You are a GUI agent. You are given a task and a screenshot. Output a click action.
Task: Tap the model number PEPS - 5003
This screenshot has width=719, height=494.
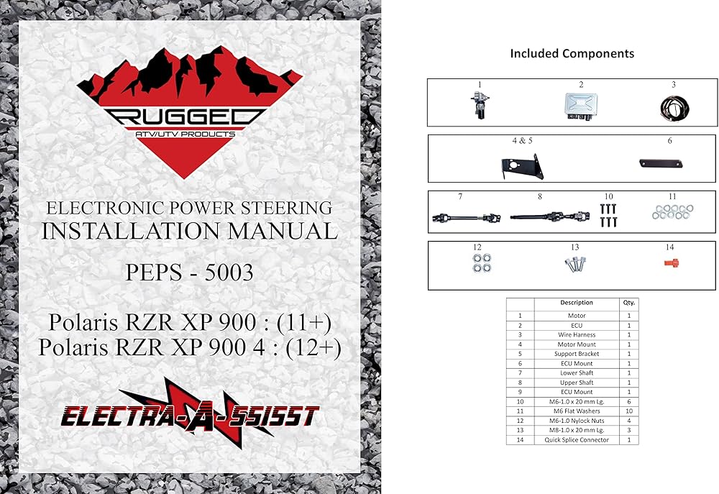189,274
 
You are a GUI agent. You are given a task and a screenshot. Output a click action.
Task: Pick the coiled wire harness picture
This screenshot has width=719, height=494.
673,106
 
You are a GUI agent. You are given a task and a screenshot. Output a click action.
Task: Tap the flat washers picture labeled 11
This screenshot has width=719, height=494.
672,212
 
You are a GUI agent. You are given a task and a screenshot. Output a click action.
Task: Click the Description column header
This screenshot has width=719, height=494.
577,303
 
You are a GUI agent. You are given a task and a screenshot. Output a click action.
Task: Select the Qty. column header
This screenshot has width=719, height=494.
629,303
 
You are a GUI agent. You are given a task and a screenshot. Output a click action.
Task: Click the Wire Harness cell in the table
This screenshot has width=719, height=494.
577,335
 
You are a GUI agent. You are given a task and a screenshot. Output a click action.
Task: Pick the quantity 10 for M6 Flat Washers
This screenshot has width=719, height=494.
629,411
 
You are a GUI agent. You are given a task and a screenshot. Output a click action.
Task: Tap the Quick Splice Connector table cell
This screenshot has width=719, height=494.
577,439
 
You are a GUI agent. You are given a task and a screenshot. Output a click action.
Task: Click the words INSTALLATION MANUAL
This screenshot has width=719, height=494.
189,231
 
